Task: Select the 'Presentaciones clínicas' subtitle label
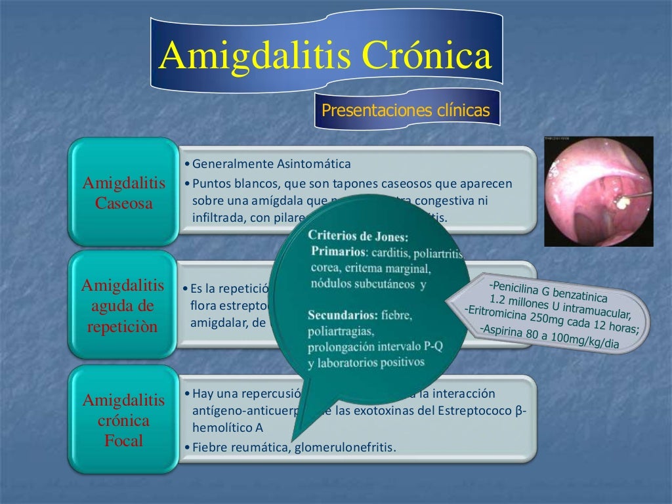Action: click(x=406, y=110)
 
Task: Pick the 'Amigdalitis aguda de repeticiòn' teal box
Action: click(x=123, y=306)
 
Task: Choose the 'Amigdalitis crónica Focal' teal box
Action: click(x=124, y=420)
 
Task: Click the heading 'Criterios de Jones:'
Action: click(x=358, y=236)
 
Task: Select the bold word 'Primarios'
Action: click(x=337, y=251)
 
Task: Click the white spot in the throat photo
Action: click(x=620, y=201)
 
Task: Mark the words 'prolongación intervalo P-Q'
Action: click(x=375, y=346)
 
